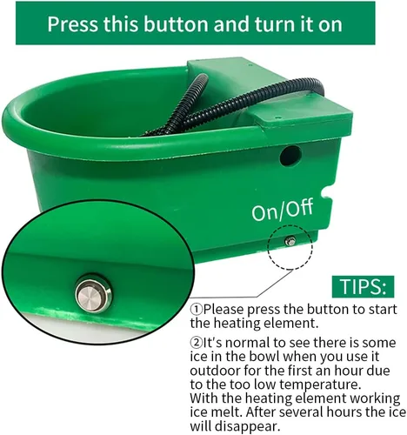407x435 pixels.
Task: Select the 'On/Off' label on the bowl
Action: [282, 211]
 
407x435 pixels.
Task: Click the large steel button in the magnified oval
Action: [93, 295]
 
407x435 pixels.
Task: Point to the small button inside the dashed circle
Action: [290, 241]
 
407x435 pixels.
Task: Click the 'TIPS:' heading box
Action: [363, 286]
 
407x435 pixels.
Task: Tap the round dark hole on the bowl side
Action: [290, 156]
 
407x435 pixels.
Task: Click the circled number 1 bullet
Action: [196, 310]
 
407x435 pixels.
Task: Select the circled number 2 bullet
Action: [196, 343]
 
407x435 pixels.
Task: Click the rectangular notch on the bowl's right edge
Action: [326, 193]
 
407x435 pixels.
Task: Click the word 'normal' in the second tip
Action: [248, 343]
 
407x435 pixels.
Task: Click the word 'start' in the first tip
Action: [383, 310]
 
